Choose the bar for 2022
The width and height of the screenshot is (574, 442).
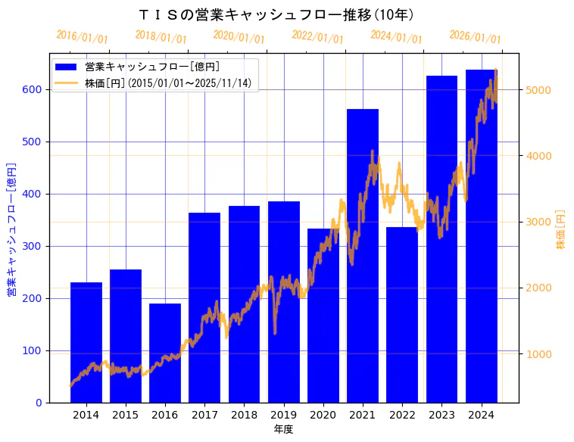point(402,325)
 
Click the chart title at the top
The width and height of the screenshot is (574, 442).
point(277,14)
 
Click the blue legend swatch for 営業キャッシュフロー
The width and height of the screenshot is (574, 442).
point(66,67)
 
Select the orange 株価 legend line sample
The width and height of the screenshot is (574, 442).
point(66,83)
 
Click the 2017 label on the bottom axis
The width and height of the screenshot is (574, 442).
point(204,415)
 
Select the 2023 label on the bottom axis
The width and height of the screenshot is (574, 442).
point(441,415)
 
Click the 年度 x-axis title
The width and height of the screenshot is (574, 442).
point(283,429)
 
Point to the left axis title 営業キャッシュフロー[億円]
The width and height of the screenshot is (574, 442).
point(11,229)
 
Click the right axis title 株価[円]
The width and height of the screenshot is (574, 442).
point(561,229)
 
